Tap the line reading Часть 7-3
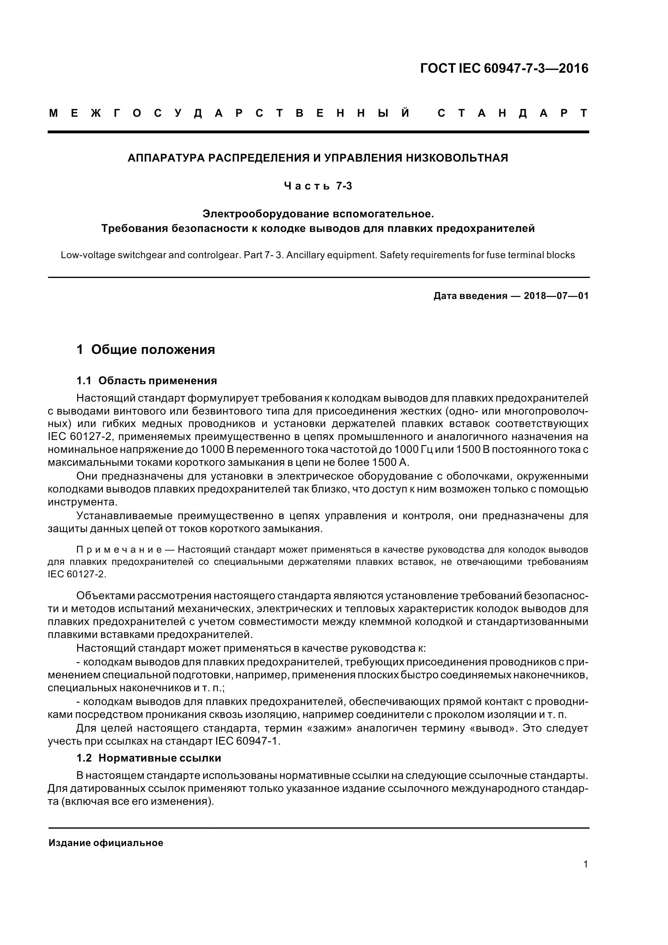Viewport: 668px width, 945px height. click(318, 186)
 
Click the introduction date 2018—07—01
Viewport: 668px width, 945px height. click(556, 296)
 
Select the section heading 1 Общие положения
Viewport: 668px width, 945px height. click(146, 350)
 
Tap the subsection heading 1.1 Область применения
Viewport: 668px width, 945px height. click(147, 381)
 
